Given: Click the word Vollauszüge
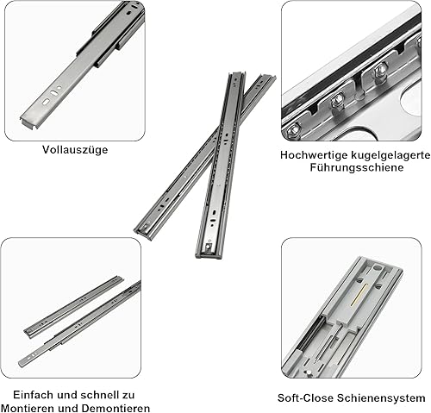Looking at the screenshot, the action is point(75,150).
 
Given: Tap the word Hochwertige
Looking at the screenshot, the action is point(315,155).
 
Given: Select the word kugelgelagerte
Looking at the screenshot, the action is point(390,155).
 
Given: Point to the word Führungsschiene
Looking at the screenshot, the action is point(357,167).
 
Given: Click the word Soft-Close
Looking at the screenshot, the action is point(306,398).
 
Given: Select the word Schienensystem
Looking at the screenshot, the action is point(381,398).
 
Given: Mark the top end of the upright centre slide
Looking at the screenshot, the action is point(237,74).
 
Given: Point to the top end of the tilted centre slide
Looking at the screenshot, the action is point(267,77).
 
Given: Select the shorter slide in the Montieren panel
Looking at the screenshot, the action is point(73,307).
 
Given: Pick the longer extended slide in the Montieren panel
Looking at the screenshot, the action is point(79,324).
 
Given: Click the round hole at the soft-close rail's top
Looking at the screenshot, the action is point(377,268).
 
